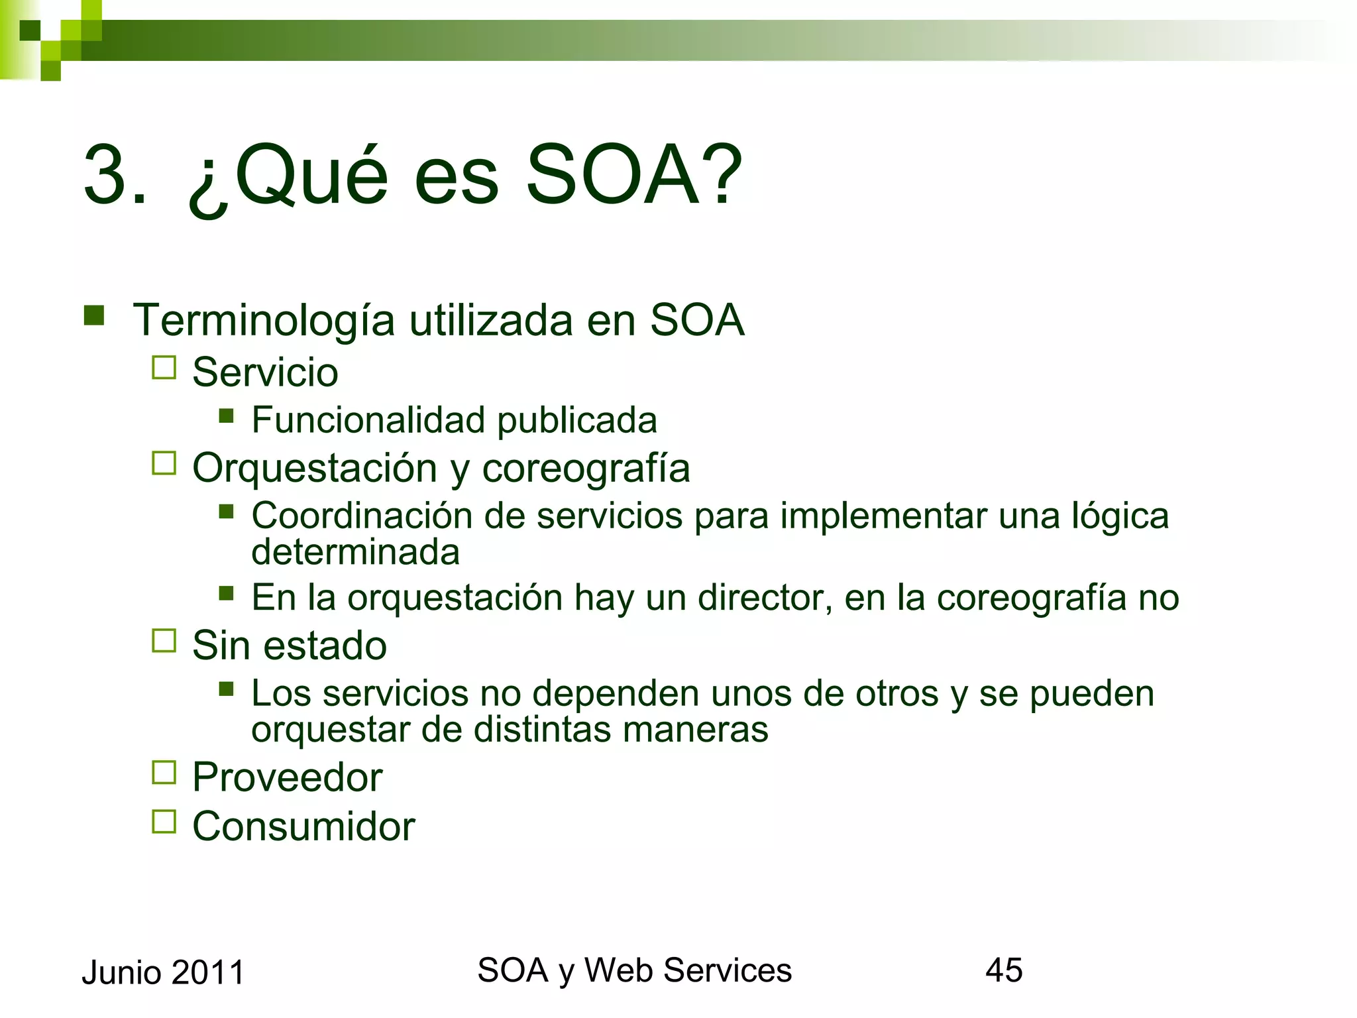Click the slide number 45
tap(1004, 970)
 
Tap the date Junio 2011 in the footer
tap(163, 972)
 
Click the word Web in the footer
tap(619, 970)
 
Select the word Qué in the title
tap(311, 176)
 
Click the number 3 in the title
tap(106, 176)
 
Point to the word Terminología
tap(264, 321)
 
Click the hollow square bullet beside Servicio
tap(164, 368)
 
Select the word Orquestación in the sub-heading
tap(315, 469)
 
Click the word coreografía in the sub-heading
tap(586, 469)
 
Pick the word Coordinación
tap(362, 516)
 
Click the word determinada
tap(355, 552)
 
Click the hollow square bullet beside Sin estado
tap(164, 641)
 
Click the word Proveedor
tap(287, 777)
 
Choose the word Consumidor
tap(303, 826)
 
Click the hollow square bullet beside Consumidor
tap(164, 822)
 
